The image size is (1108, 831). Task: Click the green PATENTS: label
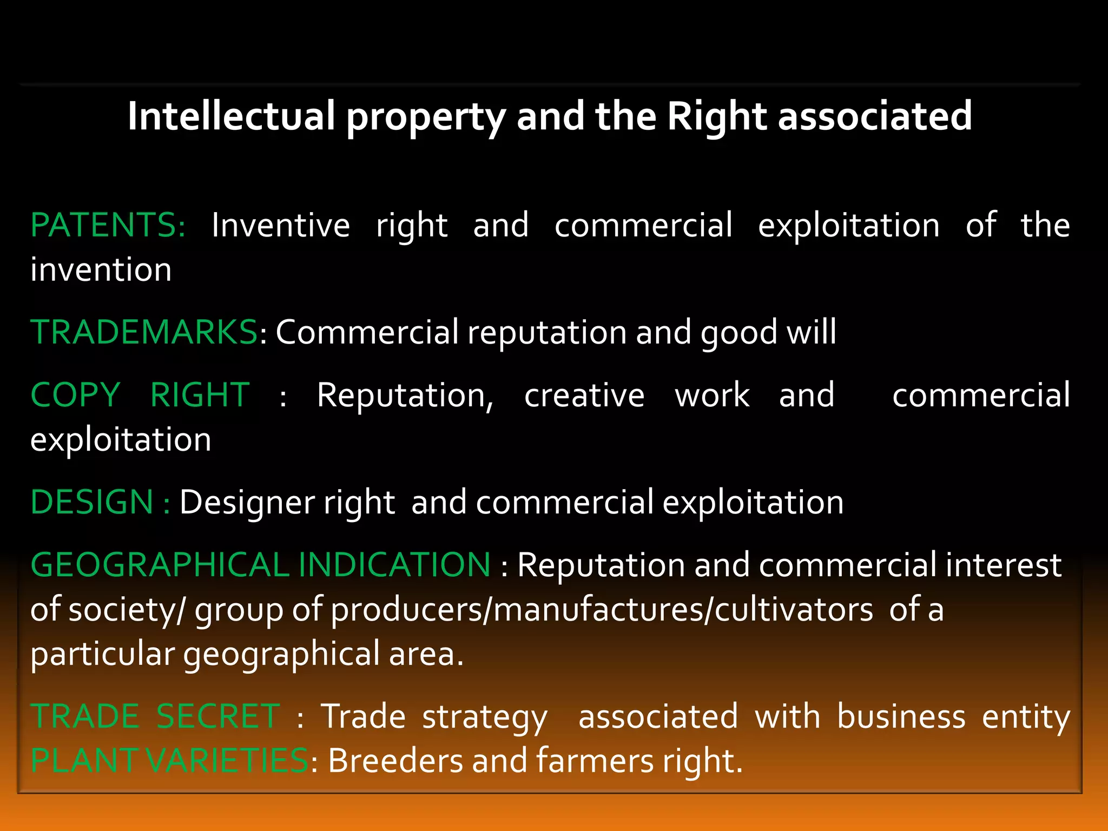pos(108,225)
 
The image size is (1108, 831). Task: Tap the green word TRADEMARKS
pos(144,332)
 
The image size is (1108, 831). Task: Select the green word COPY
pos(75,395)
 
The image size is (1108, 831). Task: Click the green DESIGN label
pos(93,502)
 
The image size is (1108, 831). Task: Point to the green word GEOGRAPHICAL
pos(160,565)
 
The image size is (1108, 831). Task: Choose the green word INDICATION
pos(394,565)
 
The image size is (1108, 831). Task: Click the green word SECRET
pos(218,716)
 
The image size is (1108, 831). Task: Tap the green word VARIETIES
pos(227,761)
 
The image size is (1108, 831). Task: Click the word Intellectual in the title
pos(232,116)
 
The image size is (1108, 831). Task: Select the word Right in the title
pos(717,116)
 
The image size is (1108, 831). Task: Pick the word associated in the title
pos(875,116)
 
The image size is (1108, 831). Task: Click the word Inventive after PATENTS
pos(280,225)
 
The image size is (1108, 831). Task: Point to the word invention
pos(101,269)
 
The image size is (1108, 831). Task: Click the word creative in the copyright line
pos(584,395)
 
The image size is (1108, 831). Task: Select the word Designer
pos(247,502)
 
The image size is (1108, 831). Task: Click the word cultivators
pos(794,609)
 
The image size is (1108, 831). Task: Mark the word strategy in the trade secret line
pos(485,717)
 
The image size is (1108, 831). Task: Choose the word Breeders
pos(395,761)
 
